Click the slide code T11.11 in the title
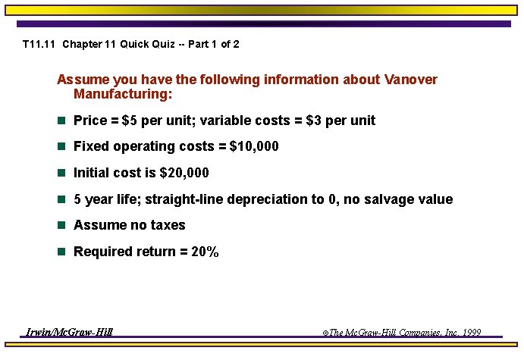click(x=39, y=44)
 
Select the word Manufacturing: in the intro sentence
click(x=123, y=95)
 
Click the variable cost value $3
click(x=313, y=121)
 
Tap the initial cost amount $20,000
click(x=184, y=173)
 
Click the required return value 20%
click(x=205, y=252)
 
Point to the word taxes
click(x=166, y=225)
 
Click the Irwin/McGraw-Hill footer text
click(x=69, y=332)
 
